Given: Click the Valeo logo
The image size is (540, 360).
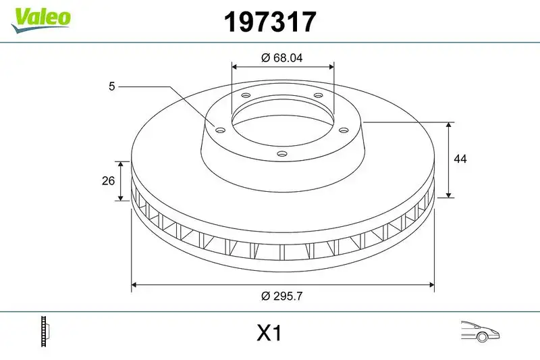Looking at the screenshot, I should click(x=40, y=17).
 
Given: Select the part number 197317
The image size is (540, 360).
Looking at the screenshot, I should click(x=269, y=22).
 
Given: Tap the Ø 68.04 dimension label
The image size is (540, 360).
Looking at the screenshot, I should click(x=281, y=57).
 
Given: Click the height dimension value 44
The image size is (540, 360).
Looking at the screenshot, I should click(x=461, y=159).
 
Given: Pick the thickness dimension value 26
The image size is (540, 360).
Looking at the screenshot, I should click(x=106, y=181).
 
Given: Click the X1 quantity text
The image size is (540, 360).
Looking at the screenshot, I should click(x=269, y=334).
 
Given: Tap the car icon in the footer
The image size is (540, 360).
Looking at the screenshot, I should click(x=479, y=332).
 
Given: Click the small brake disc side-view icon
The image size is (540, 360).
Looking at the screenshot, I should click(x=47, y=332).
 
